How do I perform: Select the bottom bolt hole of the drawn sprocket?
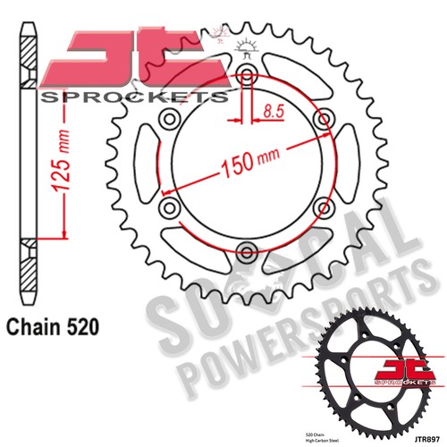[x=247, y=249]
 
